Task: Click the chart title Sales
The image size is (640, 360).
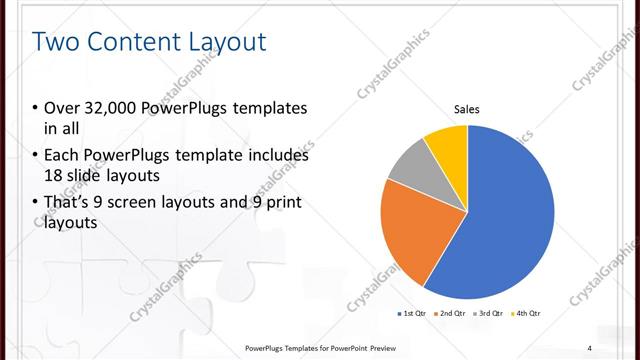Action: (x=467, y=108)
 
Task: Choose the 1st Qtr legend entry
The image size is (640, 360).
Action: (x=413, y=314)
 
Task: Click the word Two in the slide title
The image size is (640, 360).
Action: (x=57, y=42)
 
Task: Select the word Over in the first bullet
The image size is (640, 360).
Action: (x=65, y=108)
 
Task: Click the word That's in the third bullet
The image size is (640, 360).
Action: (x=73, y=203)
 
